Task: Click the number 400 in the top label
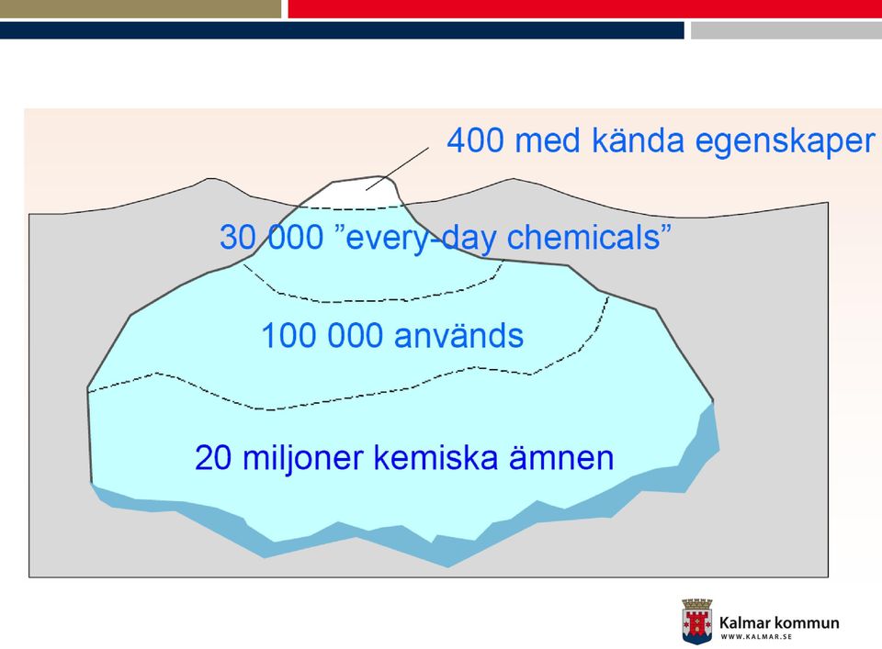click(x=476, y=140)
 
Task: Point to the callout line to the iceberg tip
click(x=397, y=169)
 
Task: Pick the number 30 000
click(x=271, y=237)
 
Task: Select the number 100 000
click(x=322, y=336)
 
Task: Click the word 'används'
click(x=459, y=336)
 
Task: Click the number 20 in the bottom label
click(x=212, y=458)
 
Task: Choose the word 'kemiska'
click(x=435, y=457)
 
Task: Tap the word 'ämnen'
click(x=561, y=457)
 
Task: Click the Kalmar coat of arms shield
click(x=697, y=621)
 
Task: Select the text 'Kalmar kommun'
click(x=779, y=622)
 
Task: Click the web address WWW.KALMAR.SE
click(x=756, y=637)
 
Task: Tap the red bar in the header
click(x=585, y=8)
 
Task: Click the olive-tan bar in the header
click(x=141, y=8)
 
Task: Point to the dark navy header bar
click(x=342, y=30)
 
